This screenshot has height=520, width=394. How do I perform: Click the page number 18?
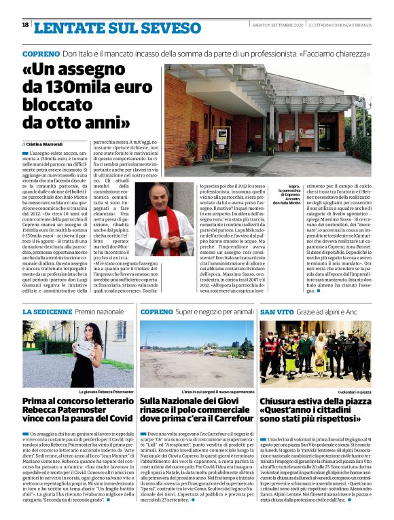pyautogui.click(x=26, y=25)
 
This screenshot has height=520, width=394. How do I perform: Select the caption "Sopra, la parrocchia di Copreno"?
pyautogui.click(x=286, y=193)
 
